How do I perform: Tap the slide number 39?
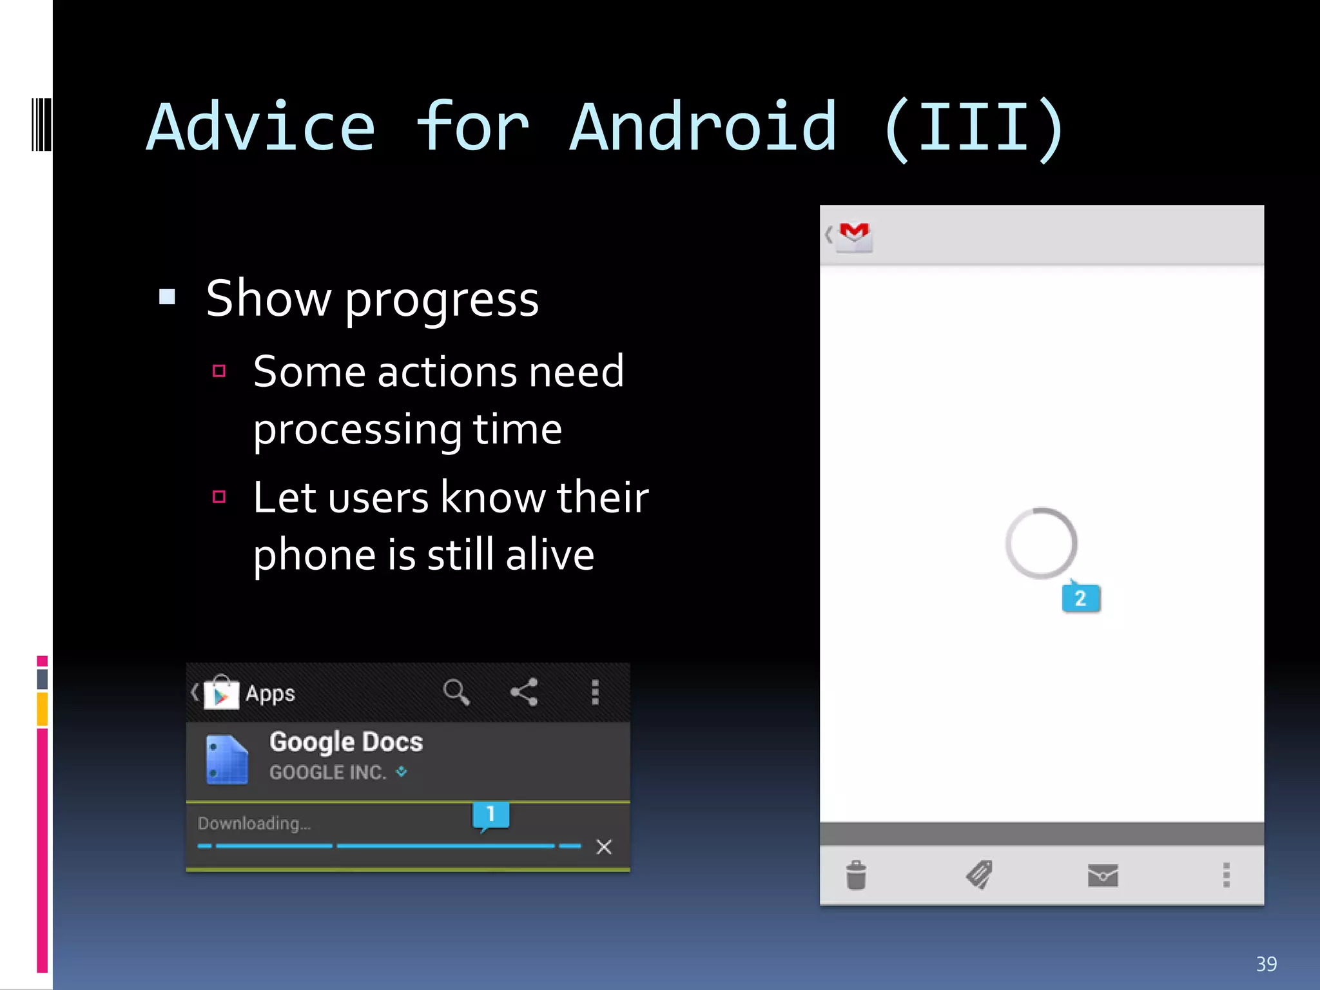(1266, 964)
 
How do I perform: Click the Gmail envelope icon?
(855, 236)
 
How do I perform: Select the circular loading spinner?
(1041, 543)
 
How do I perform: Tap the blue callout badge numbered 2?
(1080, 598)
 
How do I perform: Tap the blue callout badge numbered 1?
(490, 814)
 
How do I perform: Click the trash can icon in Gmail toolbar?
(856, 875)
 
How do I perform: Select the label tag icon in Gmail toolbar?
(979, 875)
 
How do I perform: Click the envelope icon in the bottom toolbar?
(1102, 875)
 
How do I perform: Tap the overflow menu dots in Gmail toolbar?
(1226, 875)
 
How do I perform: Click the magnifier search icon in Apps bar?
(456, 692)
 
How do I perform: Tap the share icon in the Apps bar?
(524, 692)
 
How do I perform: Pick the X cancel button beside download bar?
(604, 846)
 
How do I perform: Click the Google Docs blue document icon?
(226, 759)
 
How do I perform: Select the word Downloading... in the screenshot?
(254, 823)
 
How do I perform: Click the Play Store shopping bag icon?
(221, 693)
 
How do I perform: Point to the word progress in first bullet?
(442, 300)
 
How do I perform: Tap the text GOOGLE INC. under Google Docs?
(327, 772)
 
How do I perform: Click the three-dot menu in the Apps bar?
(595, 692)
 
